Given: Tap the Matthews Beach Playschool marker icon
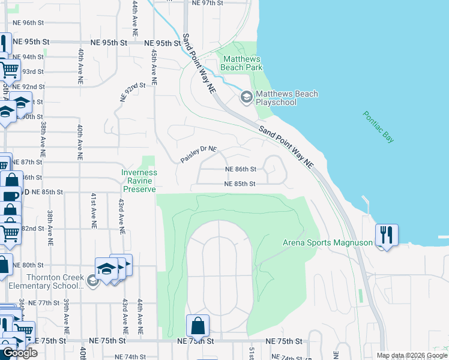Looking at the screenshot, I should point(246,97).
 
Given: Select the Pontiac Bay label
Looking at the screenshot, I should point(379,127).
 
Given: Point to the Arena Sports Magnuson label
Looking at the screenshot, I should point(328,243).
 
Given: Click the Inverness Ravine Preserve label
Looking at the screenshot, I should point(139,181).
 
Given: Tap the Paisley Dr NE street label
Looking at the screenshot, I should point(199,155).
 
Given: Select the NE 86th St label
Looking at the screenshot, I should point(241,170).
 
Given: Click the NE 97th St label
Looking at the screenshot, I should point(208,3).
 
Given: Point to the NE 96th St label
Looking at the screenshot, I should point(28,23).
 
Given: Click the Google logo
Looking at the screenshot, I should point(19,353).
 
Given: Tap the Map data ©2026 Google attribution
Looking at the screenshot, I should point(411,355).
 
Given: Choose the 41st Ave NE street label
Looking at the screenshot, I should point(93,210).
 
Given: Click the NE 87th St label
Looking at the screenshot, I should point(28,162).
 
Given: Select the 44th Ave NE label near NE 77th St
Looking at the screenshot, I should point(140,318).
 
